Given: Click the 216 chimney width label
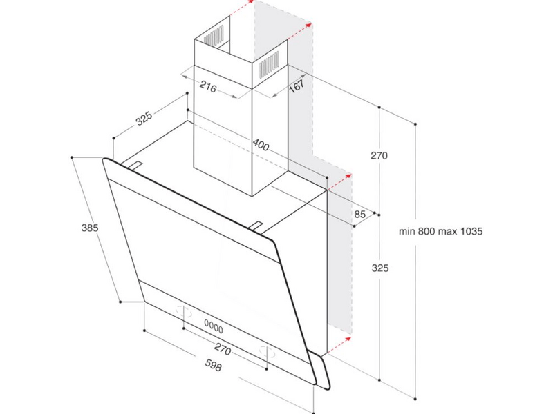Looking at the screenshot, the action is click(208, 86).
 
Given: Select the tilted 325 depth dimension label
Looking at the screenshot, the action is click(144, 118).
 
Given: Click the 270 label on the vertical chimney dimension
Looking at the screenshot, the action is click(379, 155).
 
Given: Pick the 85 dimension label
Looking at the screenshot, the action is click(359, 214).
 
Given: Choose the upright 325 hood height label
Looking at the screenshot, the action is click(380, 268).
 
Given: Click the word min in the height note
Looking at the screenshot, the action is click(407, 231).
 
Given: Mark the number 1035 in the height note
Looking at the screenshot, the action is click(471, 231).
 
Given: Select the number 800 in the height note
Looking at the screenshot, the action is click(427, 231).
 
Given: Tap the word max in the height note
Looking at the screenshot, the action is click(447, 231).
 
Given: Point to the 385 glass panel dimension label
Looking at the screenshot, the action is click(90, 228).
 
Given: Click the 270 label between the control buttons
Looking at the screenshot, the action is click(223, 349).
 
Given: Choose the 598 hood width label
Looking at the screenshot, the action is click(214, 366).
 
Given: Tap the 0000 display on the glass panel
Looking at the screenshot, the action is click(214, 326).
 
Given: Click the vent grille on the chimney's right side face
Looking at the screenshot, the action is click(270, 64).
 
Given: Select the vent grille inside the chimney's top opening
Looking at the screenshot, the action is click(214, 36).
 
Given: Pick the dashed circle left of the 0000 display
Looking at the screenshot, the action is click(184, 311).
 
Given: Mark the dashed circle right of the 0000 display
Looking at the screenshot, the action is click(267, 351).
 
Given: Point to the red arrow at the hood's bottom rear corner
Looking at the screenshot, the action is click(339, 344).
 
